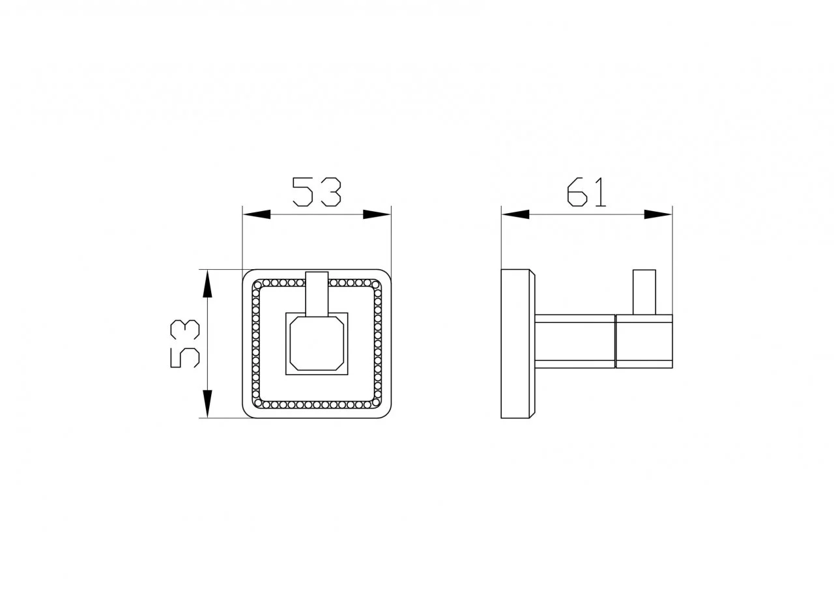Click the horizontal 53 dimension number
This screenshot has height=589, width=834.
coord(317,192)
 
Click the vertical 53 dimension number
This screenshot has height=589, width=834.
coord(185,344)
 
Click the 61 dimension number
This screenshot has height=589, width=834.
coord(586,192)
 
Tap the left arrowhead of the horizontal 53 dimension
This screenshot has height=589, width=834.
coord(257,214)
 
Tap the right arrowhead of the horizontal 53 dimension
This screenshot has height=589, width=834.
coord(377,214)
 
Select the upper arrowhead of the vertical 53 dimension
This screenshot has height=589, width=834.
coord(207,283)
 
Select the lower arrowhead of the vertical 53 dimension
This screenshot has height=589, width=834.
coord(207,404)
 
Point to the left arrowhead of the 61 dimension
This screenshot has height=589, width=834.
coord(515,214)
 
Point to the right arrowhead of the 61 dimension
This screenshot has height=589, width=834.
coord(658,214)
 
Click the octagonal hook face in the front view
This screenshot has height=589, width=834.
coord(317,343)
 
